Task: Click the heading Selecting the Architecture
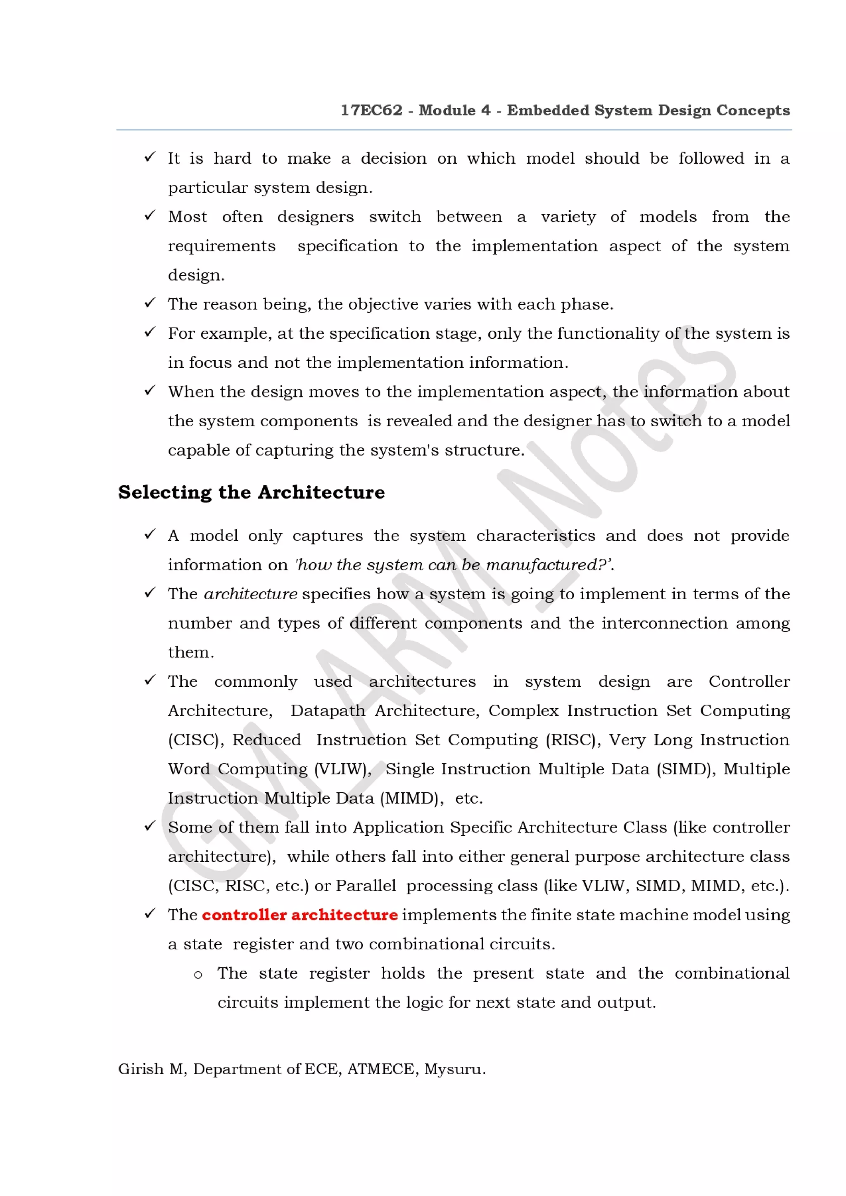(251, 492)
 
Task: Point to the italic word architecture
(250, 594)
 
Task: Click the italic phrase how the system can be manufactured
(452, 565)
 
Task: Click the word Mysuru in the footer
(454, 1069)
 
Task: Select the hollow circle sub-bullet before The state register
(197, 975)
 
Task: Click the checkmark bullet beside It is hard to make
(150, 157)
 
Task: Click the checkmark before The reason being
(150, 303)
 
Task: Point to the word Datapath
(328, 711)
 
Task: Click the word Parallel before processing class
(366, 886)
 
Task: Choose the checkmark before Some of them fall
(150, 826)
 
